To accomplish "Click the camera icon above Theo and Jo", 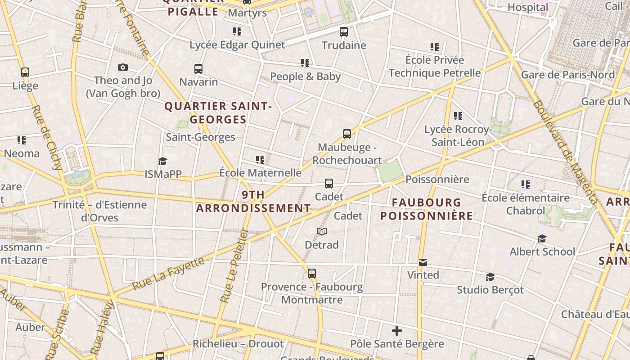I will point(123,67).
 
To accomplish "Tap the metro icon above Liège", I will point(25,72).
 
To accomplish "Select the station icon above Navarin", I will point(198,69).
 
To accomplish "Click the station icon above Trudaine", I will point(344,32).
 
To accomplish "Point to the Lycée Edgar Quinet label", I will point(237,45).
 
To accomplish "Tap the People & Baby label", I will point(305,76).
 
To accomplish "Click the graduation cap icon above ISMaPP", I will point(162,161).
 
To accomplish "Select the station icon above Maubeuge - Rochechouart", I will point(347,134).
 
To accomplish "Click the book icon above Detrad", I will point(321,232).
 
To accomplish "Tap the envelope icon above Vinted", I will point(423,262).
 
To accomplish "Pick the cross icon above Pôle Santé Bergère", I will point(397,331).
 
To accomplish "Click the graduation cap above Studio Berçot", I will point(490,277).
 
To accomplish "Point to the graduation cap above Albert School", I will point(542,238).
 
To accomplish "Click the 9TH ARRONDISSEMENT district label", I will point(253,202).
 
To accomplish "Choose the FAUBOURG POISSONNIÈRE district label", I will point(426,209).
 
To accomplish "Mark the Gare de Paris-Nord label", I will point(567,75).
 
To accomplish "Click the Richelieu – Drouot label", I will point(238,344).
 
